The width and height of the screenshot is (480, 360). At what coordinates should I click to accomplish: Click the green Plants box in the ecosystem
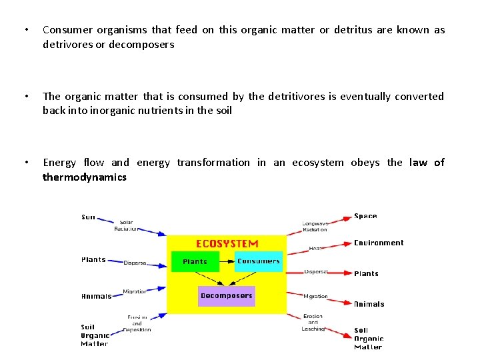(x=195, y=261)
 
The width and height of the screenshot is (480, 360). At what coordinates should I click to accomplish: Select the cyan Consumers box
(x=258, y=261)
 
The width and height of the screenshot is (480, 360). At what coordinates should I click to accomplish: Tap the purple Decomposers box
(x=227, y=295)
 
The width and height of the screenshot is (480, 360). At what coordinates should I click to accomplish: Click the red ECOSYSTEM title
(x=227, y=243)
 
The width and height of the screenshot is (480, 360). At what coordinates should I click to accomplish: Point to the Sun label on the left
(x=88, y=217)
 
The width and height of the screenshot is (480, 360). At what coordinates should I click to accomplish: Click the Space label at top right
(x=365, y=216)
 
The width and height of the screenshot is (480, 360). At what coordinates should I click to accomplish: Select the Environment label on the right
(x=379, y=243)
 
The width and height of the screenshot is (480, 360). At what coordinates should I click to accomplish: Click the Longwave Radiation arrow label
(x=315, y=227)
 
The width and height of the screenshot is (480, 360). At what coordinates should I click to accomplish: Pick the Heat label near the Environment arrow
(x=315, y=248)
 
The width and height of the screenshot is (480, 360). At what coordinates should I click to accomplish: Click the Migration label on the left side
(x=135, y=291)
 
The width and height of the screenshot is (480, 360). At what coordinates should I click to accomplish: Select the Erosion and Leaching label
(x=313, y=322)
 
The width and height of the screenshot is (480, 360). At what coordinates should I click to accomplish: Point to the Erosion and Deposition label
(x=137, y=323)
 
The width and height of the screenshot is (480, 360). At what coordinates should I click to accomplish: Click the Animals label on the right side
(x=369, y=304)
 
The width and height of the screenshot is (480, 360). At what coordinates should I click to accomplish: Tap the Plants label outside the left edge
(x=93, y=259)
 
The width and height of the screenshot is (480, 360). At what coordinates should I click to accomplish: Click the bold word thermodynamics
(x=85, y=177)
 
